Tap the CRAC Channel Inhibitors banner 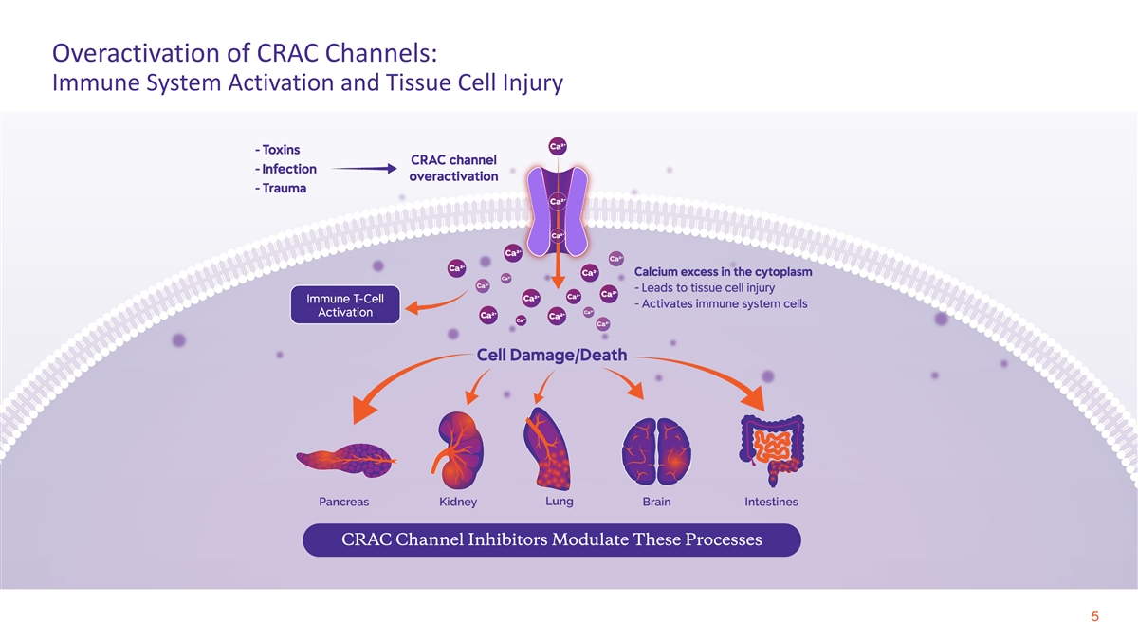coord(551,540)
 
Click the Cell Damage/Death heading coord(551,357)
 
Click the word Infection coord(288,169)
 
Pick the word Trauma coord(284,188)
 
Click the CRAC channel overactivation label coord(453,168)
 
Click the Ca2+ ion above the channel coord(559,145)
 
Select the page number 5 coord(1094,618)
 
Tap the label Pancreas coord(343,502)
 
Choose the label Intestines coord(771,502)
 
